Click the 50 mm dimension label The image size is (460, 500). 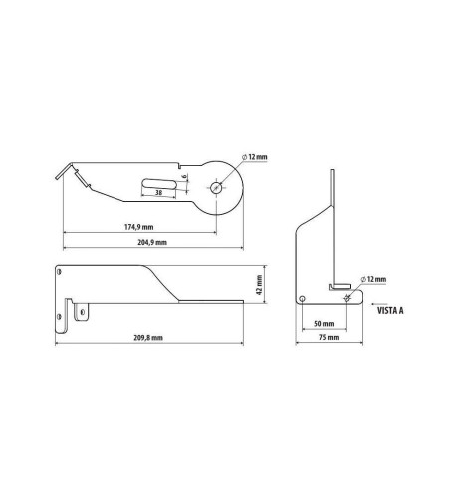point(324,324)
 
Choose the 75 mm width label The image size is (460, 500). point(326,339)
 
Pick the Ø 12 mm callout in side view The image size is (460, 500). point(373,281)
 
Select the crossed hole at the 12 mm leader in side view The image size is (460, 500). point(345,298)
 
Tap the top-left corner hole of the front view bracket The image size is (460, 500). point(61,270)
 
